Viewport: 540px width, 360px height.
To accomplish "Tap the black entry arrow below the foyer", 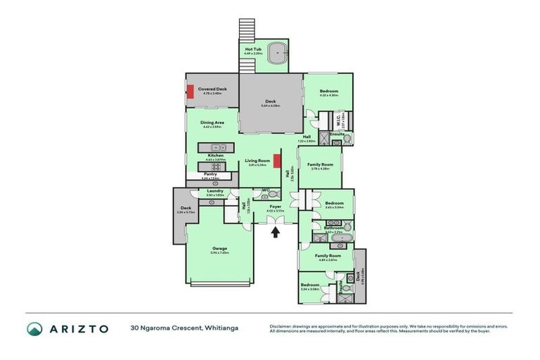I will pyautogui.click(x=276, y=231).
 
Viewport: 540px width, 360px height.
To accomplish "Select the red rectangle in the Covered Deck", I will pyautogui.click(x=190, y=91).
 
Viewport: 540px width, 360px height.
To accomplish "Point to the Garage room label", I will pyautogui.click(x=219, y=248).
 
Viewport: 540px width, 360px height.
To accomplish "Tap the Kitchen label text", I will pyautogui.click(x=215, y=155).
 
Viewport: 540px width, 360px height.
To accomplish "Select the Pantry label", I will pyautogui.click(x=210, y=174).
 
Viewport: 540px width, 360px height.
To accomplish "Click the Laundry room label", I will pyautogui.click(x=215, y=191).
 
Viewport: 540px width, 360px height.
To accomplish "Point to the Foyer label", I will pyautogui.click(x=275, y=207).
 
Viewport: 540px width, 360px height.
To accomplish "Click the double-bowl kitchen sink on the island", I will pyautogui.click(x=213, y=148).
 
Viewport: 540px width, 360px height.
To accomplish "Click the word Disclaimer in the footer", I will pyautogui.click(x=282, y=326).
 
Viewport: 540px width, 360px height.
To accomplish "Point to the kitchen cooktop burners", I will pyautogui.click(x=214, y=167).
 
